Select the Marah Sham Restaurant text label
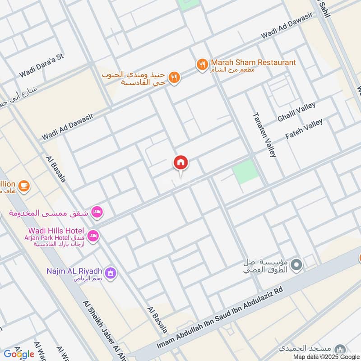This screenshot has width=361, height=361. pos(253,62)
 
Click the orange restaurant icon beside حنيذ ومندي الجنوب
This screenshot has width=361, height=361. pos(174,78)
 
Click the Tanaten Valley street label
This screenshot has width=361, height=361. pos(264,134)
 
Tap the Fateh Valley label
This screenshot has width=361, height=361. pos(304,129)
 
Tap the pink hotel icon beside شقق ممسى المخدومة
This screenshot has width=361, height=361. pos(97,212)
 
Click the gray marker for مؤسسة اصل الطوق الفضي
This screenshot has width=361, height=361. pos(296,265)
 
